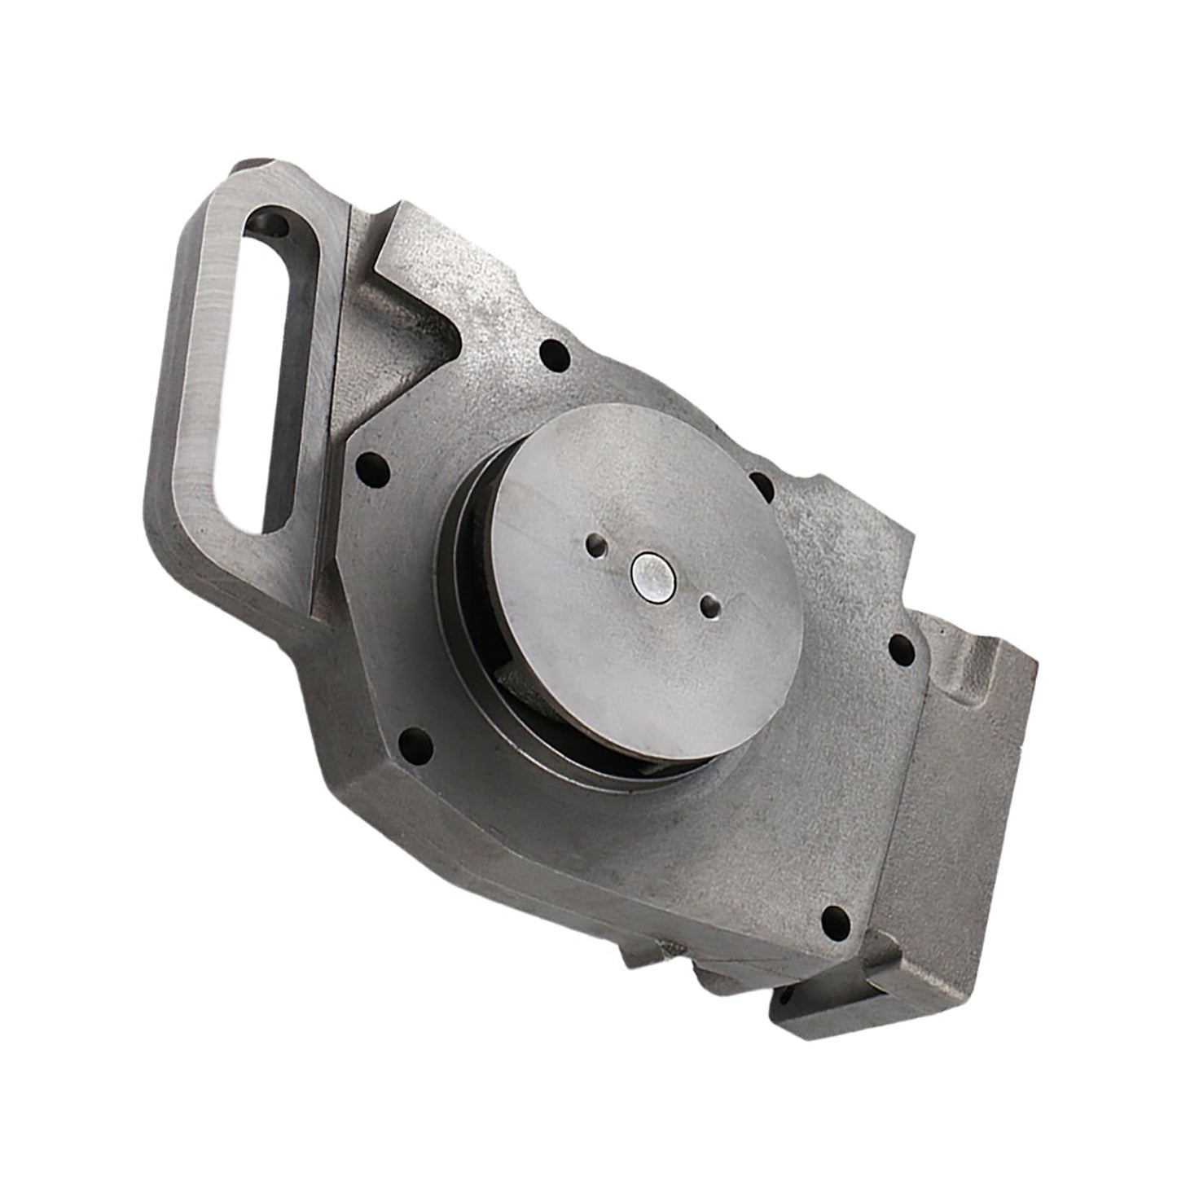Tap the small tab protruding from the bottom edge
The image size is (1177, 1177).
(643, 956)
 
